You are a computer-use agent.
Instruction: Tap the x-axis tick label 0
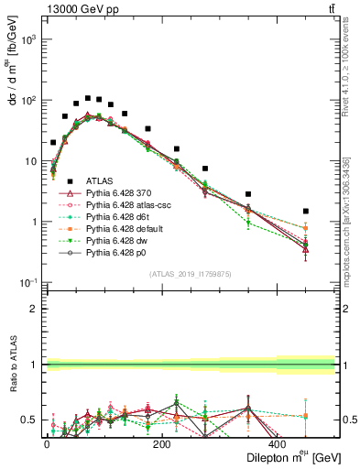pos(47,443)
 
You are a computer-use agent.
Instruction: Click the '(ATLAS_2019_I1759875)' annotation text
pos(189,273)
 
